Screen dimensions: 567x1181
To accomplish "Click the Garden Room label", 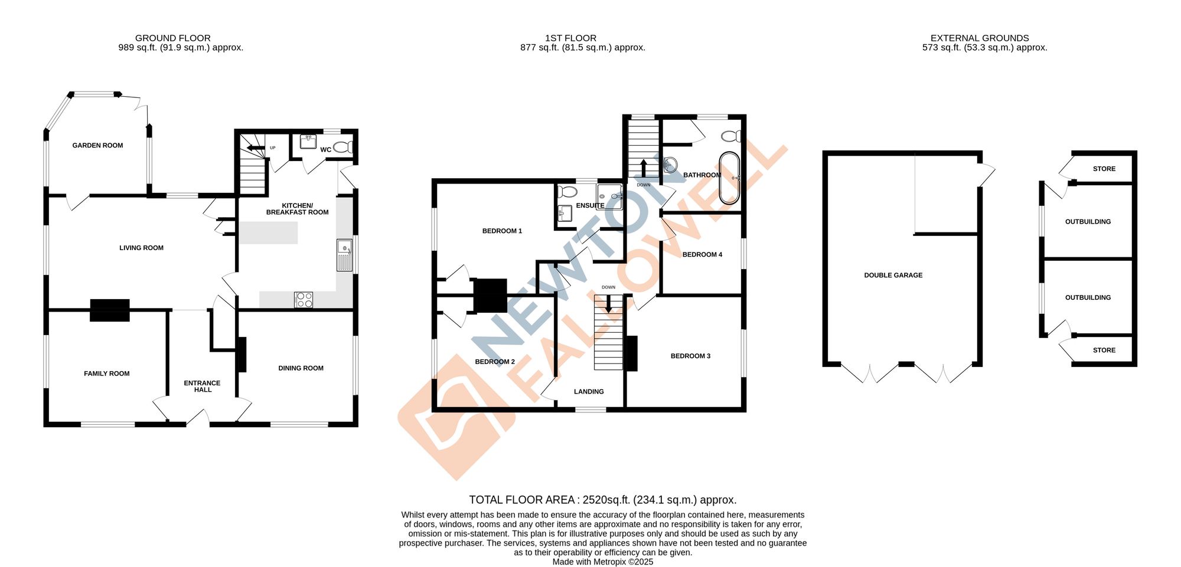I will (x=97, y=145).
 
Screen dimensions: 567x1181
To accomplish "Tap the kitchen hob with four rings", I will (x=304, y=300).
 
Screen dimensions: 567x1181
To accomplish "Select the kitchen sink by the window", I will (x=344, y=255).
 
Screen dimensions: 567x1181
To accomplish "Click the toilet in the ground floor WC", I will (x=343, y=148).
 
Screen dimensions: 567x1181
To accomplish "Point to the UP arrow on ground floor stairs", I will (x=255, y=148).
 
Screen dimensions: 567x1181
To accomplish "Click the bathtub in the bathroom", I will (x=729, y=178).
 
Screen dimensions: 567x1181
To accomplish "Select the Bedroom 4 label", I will (x=702, y=255).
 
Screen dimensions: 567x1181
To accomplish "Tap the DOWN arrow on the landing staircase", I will (x=608, y=303).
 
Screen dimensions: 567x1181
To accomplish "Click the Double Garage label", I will (x=893, y=276).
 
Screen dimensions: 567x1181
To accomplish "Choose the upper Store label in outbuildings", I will (x=1104, y=169).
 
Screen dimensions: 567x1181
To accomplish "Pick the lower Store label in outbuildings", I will (x=1104, y=350).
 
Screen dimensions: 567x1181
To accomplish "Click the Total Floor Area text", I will (x=602, y=500).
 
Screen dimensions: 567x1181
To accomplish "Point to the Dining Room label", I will (x=301, y=368).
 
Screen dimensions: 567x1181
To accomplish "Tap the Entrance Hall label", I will (x=202, y=386).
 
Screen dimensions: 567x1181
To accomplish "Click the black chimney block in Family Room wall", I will (x=110, y=310).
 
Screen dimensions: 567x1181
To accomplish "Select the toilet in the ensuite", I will (x=567, y=192).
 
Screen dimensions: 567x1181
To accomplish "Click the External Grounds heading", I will (x=980, y=38).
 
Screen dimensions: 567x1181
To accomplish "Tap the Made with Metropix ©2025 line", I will (x=602, y=562).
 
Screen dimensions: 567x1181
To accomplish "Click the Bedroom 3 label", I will (x=690, y=356).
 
